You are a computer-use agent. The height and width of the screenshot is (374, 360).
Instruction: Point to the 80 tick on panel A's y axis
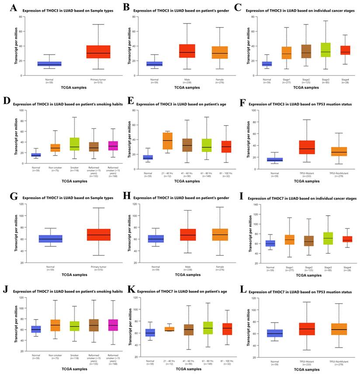pos(21,17)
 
